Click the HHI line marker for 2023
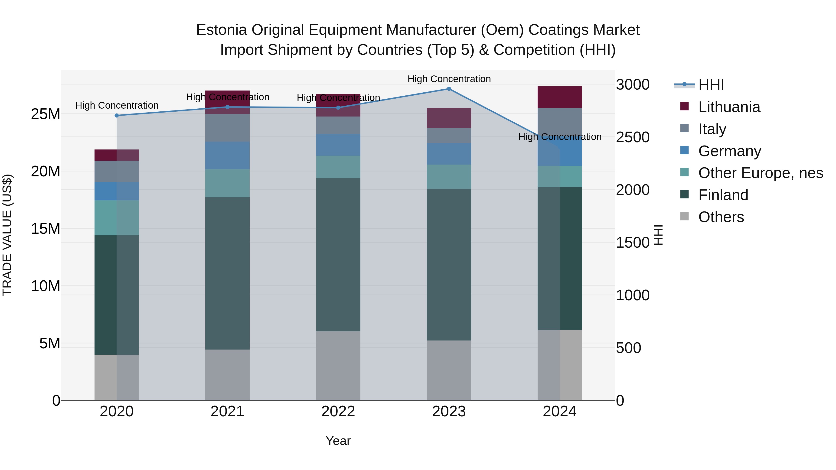(449, 89)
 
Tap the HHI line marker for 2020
(117, 116)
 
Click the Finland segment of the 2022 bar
(338, 255)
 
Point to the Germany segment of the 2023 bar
(449, 154)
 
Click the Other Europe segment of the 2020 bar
(117, 218)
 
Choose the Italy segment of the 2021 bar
(228, 128)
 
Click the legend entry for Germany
(729, 151)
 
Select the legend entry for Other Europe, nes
(760, 173)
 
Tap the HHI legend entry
(711, 85)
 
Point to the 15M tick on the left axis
(46, 229)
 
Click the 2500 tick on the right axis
(633, 137)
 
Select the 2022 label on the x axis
(338, 412)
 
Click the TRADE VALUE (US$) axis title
(7, 235)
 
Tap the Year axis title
(338, 441)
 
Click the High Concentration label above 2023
(449, 79)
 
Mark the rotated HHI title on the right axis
(658, 235)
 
